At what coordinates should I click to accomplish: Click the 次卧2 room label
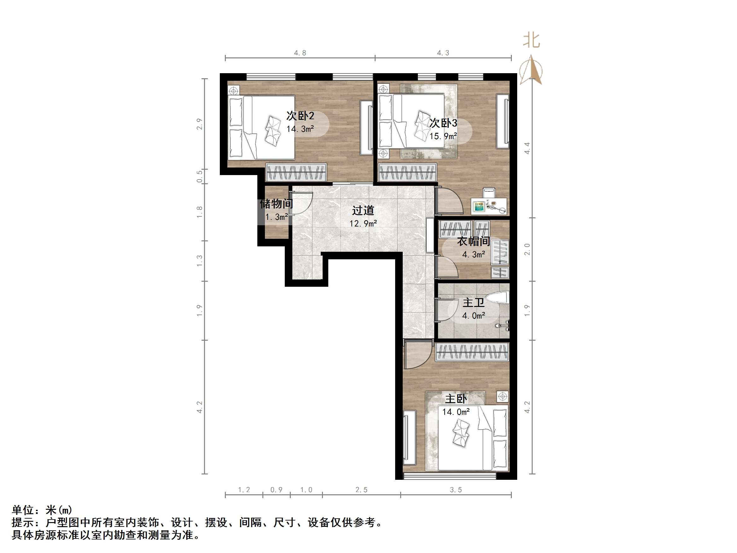pyautogui.click(x=300, y=116)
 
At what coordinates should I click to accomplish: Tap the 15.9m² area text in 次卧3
pyautogui.click(x=443, y=136)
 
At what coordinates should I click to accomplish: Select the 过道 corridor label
pyautogui.click(x=363, y=210)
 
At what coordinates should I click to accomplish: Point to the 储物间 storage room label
pyautogui.click(x=276, y=203)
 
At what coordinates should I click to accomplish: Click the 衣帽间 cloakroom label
pyautogui.click(x=473, y=241)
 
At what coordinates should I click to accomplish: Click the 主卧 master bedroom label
pyautogui.click(x=456, y=399)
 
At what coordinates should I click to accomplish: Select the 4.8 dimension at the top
pyautogui.click(x=300, y=53)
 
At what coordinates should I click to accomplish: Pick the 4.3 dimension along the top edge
pyautogui.click(x=443, y=53)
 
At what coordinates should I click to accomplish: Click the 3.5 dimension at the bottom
pyautogui.click(x=455, y=490)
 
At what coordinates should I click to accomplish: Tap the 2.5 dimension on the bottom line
pyautogui.click(x=361, y=490)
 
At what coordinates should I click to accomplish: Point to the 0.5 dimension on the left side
pyautogui.click(x=199, y=176)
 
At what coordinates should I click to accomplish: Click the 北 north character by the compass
pyautogui.click(x=531, y=40)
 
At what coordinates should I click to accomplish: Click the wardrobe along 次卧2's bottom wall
pyautogui.click(x=296, y=172)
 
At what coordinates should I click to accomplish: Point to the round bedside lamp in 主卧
pyautogui.click(x=502, y=397)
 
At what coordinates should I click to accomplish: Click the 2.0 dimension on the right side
pyautogui.click(x=527, y=249)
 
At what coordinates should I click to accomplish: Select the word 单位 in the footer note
pyautogui.click(x=23, y=510)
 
